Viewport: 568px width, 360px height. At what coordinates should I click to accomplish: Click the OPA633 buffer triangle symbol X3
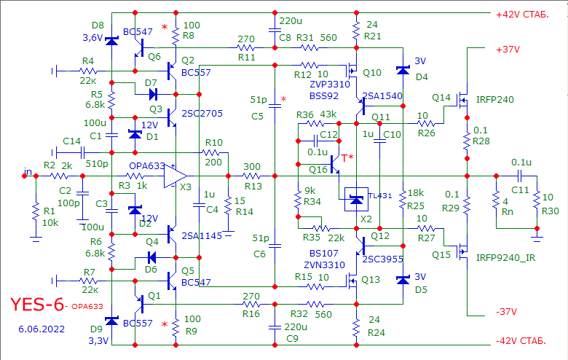click(175, 176)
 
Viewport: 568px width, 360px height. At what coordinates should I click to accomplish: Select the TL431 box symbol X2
click(356, 200)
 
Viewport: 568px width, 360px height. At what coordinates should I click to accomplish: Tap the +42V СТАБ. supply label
click(522, 15)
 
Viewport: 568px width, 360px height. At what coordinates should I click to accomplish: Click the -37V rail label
click(506, 312)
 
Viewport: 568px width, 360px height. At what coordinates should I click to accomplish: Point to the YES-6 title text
click(37, 305)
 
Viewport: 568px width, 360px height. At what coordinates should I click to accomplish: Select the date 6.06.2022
click(42, 329)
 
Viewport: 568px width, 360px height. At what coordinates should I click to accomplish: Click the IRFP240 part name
click(495, 100)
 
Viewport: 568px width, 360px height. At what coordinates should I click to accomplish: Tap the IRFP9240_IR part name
click(505, 258)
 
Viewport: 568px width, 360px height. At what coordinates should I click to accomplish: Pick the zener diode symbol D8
click(111, 41)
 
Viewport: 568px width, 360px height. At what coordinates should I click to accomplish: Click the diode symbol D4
click(403, 70)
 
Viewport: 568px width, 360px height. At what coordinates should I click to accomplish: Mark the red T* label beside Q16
click(347, 157)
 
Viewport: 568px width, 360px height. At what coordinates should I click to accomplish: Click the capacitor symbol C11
click(519, 176)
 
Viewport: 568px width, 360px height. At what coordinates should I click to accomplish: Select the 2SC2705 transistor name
click(202, 114)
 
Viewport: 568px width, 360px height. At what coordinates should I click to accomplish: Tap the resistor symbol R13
click(252, 176)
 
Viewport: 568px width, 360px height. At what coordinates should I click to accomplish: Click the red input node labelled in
click(24, 176)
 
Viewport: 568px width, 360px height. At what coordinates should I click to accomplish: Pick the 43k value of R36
click(328, 114)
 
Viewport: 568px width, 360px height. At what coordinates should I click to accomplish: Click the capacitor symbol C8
click(275, 31)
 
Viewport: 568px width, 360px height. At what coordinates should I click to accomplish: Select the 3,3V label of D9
click(98, 341)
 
